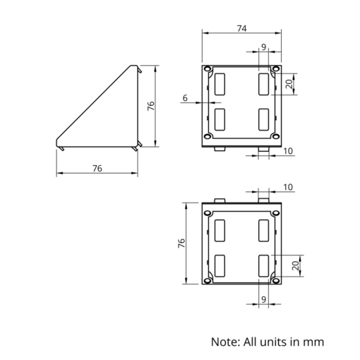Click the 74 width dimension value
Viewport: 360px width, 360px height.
tap(241, 28)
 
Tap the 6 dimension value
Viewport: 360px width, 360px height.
tap(185, 98)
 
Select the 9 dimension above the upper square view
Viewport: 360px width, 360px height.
tap(263, 47)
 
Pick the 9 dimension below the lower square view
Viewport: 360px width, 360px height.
tap(263, 299)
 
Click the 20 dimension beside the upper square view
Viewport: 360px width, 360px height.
tap(289, 84)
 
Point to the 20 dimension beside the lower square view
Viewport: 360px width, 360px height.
tap(296, 265)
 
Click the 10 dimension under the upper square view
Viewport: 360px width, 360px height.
tap(288, 151)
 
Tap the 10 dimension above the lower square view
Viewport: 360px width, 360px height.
tap(288, 187)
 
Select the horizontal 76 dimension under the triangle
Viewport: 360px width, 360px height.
tap(97, 169)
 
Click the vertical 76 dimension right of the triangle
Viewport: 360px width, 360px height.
tap(151, 106)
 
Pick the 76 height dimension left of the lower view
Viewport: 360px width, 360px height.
tap(181, 244)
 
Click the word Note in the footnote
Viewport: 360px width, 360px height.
tap(225, 342)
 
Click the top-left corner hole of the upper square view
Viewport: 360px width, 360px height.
tap(208, 69)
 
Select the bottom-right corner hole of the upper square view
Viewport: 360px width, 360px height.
tap(275, 136)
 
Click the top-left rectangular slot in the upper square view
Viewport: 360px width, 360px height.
tap(220, 84)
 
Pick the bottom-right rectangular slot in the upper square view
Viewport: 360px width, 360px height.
tap(263, 119)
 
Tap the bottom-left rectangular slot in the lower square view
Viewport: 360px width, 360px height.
tap(220, 266)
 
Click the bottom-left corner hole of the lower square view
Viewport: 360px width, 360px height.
tap(208, 280)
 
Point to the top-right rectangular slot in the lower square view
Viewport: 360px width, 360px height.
tap(263, 231)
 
